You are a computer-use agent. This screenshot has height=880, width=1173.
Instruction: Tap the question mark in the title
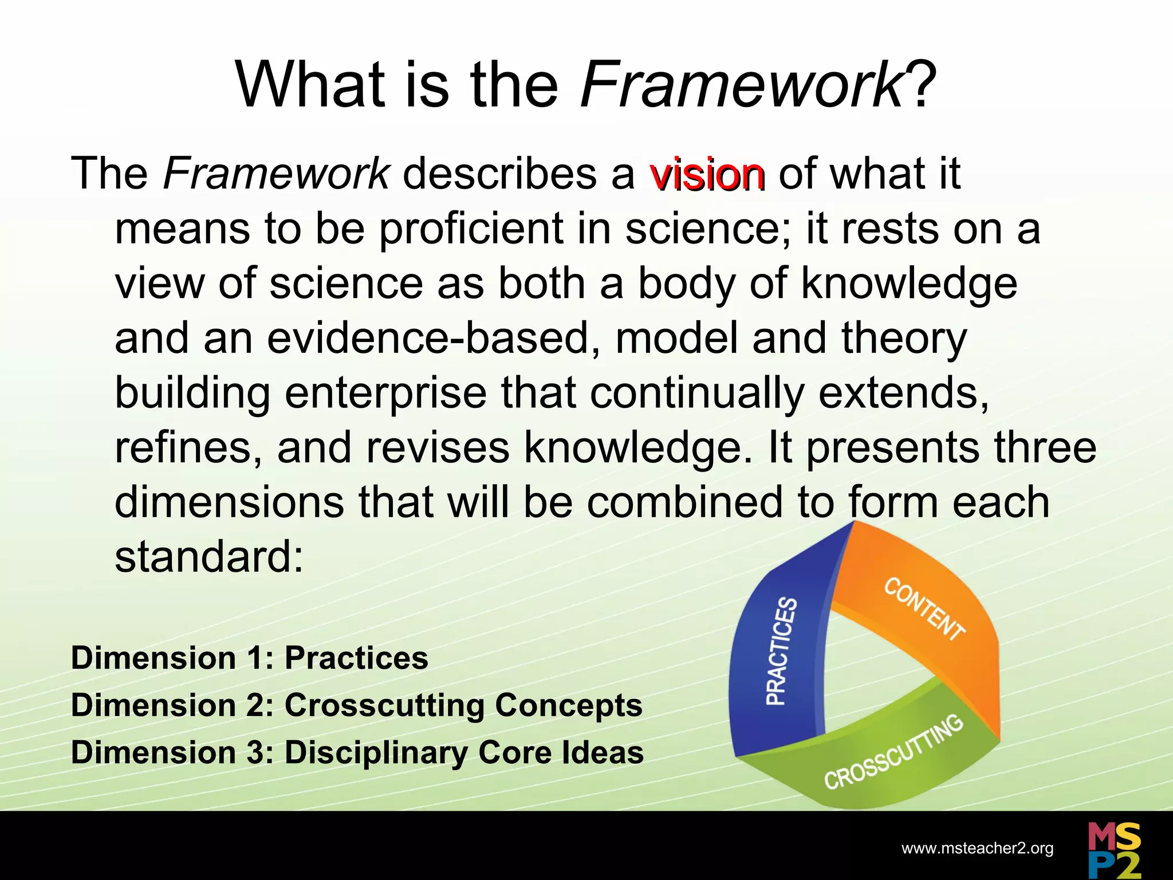tap(922, 86)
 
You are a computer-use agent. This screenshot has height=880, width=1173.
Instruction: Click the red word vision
tap(707, 174)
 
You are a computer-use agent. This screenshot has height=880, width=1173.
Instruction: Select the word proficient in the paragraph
tap(471, 229)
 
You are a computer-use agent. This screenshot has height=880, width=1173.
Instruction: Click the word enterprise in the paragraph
tap(385, 394)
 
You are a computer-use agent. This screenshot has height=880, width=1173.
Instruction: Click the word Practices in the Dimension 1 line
tap(356, 658)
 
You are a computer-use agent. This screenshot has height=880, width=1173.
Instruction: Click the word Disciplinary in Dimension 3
tap(376, 753)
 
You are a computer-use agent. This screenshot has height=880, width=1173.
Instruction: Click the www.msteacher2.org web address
tap(977, 848)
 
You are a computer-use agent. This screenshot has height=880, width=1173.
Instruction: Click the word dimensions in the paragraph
tap(229, 502)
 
